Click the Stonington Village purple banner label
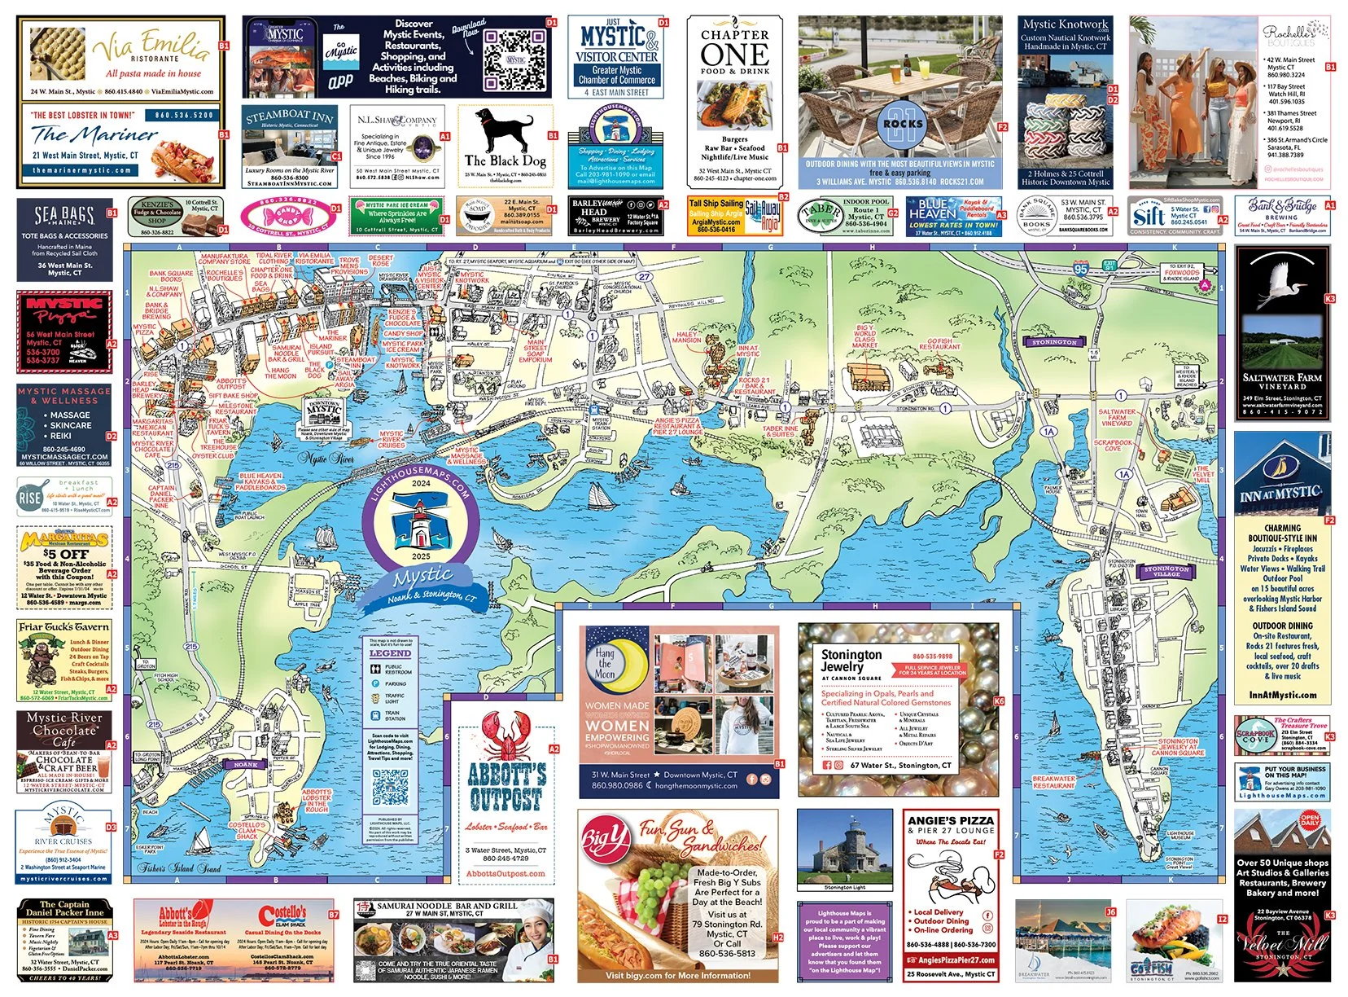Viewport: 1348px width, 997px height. point(1166,570)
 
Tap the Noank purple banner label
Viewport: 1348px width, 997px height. point(245,765)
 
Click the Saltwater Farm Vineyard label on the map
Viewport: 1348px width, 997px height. point(1116,417)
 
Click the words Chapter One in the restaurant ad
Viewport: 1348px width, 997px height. point(734,48)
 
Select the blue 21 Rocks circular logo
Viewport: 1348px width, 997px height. point(904,123)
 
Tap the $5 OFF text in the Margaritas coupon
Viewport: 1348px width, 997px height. point(66,554)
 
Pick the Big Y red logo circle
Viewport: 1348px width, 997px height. point(605,837)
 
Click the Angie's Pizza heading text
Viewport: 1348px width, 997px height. point(951,820)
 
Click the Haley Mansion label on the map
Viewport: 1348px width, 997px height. point(686,336)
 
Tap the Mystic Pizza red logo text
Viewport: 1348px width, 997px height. point(64,310)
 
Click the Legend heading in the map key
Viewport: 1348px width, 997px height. point(390,653)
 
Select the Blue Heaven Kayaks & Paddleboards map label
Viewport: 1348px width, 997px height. point(260,481)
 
